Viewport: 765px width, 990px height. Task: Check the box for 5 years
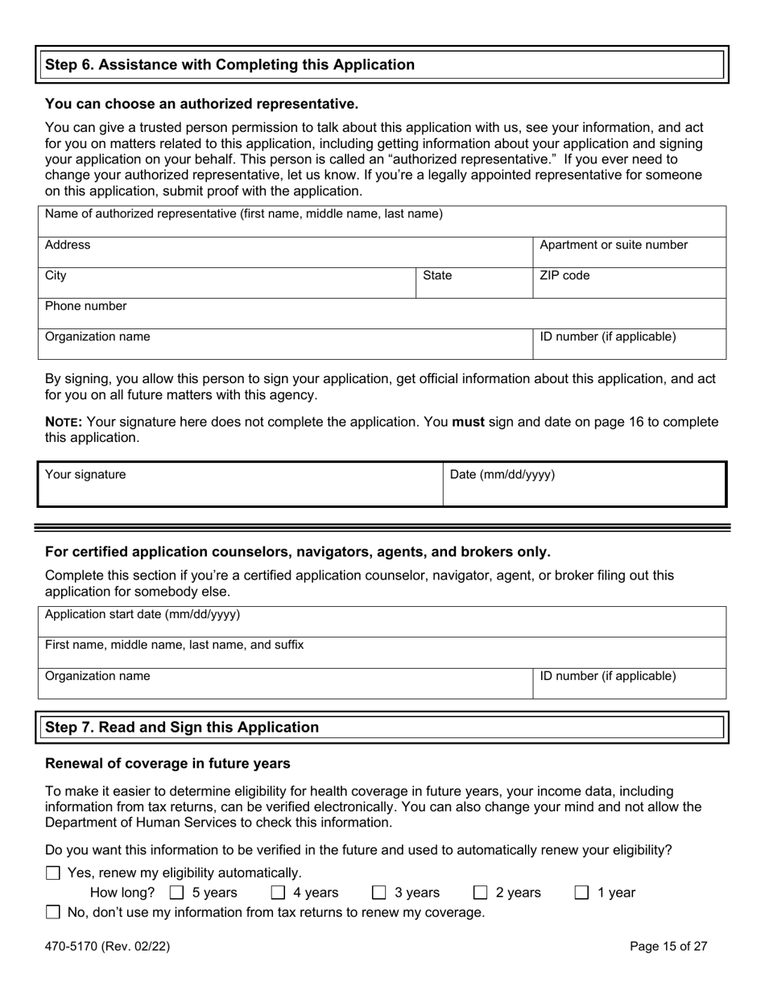point(177,893)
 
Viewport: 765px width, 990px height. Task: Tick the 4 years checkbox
point(278,893)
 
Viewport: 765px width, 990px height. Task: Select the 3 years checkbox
point(379,893)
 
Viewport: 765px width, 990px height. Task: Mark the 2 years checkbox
point(481,893)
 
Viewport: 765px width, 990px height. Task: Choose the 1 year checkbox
point(582,893)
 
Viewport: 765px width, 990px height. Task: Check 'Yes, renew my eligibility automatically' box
point(53,872)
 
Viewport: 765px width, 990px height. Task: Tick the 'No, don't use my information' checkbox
point(53,913)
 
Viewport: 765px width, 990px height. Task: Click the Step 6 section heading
point(230,65)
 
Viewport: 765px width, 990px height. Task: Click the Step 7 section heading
point(182,728)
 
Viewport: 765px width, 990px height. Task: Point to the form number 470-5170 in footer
point(107,947)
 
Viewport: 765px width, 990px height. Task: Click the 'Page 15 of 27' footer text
point(668,947)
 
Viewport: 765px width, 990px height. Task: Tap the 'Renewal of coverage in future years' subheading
point(167,763)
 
